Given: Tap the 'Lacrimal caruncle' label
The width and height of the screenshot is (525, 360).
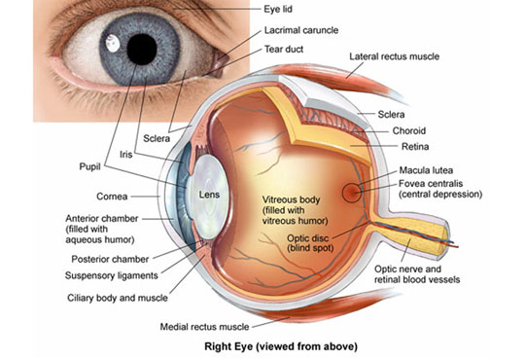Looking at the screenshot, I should pyautogui.click(x=301, y=30).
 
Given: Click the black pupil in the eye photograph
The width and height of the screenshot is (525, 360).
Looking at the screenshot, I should pyautogui.click(x=144, y=46).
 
